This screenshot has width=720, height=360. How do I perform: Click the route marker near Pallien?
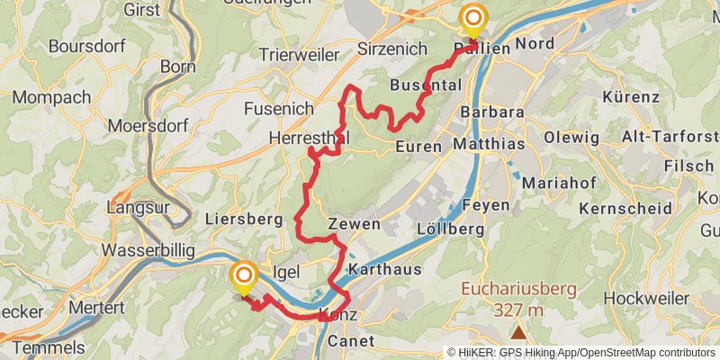[472, 19]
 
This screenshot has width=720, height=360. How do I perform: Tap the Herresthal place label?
[309, 138]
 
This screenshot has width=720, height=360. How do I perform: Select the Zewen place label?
[354, 224]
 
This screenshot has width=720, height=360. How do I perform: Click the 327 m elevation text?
[517, 310]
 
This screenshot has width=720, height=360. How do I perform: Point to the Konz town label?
[338, 316]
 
